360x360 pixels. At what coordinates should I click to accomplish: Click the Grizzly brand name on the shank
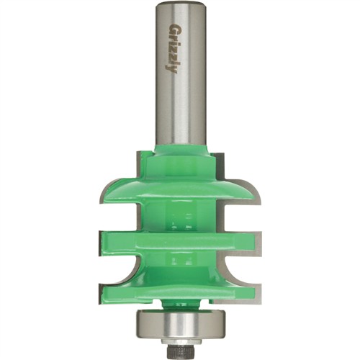pyautogui.click(x=172, y=48)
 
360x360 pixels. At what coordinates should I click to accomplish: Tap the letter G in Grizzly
pyautogui.click(x=172, y=27)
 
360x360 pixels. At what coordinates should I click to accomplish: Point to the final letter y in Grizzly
pyautogui.click(x=173, y=70)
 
